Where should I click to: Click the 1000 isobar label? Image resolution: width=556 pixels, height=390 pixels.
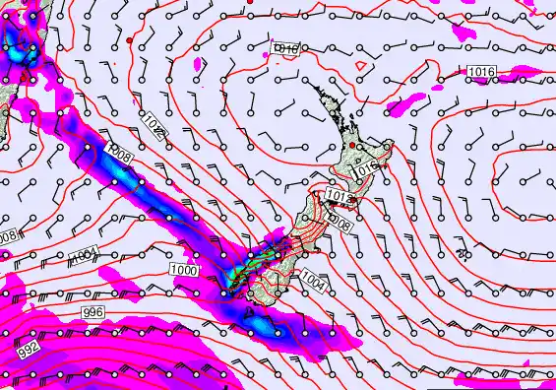point(183,270)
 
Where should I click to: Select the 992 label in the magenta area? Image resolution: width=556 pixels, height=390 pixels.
point(29,350)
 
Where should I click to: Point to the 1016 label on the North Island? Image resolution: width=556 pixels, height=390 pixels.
point(366,169)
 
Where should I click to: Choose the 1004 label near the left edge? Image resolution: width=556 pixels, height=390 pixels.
point(85,257)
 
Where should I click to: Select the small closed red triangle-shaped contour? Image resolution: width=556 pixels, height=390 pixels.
point(362,66)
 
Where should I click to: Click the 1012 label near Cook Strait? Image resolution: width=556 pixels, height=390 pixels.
point(336,198)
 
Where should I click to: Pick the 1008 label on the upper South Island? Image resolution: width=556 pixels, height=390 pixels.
point(339,225)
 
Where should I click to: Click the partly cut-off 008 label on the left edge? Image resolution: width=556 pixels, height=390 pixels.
point(8,237)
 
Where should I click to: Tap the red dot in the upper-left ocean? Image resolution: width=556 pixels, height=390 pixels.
point(129,39)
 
